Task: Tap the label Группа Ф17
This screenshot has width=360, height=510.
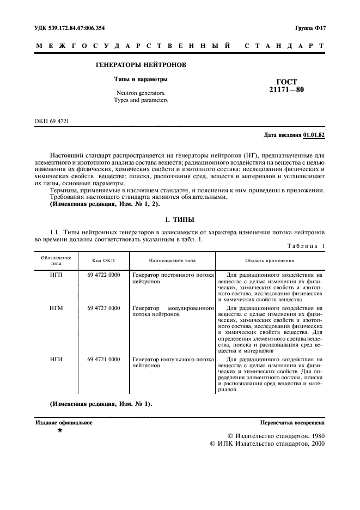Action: (x=310, y=27)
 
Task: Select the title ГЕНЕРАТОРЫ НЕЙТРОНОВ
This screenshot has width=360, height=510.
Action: (x=141, y=65)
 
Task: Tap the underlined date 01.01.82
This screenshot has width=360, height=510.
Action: (x=314, y=133)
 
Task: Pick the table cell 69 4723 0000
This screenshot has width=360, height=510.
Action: (x=103, y=308)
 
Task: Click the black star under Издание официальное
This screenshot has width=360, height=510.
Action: (x=60, y=430)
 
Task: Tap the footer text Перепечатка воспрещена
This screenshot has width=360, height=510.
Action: (x=292, y=422)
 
